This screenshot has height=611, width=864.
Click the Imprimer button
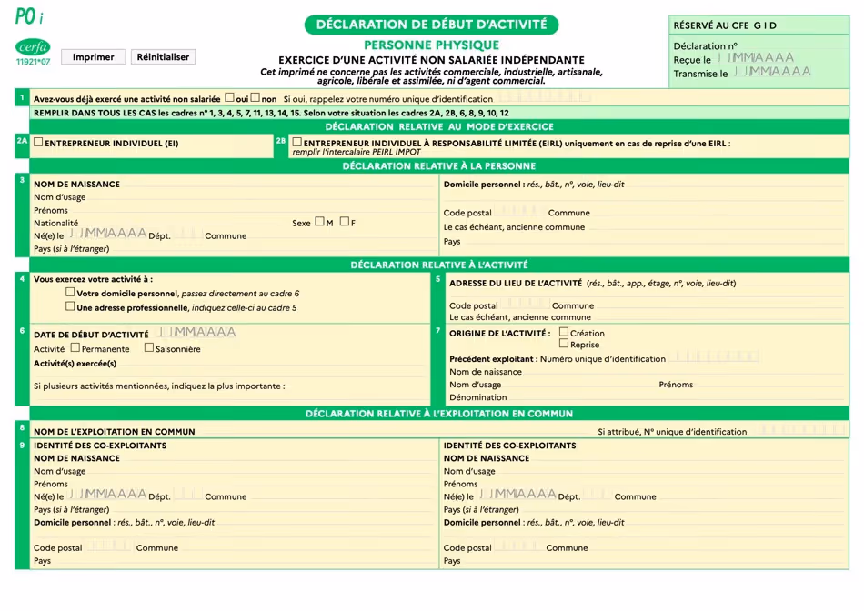coord(93,56)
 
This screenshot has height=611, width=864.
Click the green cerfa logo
coord(33,47)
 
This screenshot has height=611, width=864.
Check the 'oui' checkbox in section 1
coord(229,97)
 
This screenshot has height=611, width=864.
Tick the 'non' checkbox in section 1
coord(256,97)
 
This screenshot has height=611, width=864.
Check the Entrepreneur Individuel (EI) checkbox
coord(38,142)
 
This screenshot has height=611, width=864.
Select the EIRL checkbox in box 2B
coord(297,142)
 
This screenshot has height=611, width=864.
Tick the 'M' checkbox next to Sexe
coord(320,222)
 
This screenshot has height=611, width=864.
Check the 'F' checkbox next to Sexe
coord(345,222)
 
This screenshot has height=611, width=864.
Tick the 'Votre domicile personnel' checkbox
coord(70,293)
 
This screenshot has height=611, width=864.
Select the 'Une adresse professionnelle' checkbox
coord(70,306)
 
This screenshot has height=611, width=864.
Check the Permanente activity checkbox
coord(75,347)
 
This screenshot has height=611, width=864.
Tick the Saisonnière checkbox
coord(149,347)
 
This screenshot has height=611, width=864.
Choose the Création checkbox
coord(564,332)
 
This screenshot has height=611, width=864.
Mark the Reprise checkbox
coord(564,344)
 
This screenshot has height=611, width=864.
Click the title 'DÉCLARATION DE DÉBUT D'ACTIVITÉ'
coord(431,25)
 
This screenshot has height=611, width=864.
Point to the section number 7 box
coord(437,331)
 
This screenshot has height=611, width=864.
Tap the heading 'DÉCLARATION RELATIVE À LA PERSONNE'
coord(439,166)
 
